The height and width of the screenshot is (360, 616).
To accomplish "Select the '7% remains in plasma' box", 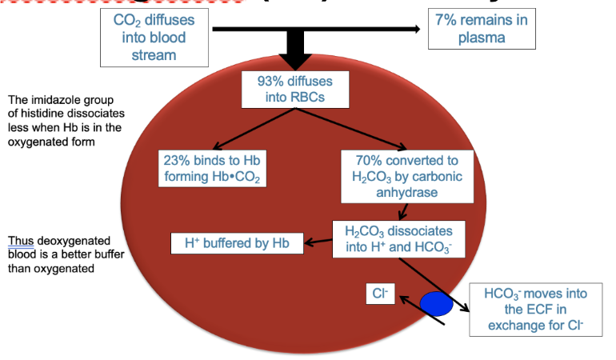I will coord(481,29).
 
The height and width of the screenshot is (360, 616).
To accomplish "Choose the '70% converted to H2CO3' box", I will coord(402,174).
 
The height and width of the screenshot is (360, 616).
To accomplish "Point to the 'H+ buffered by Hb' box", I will coord(238,242).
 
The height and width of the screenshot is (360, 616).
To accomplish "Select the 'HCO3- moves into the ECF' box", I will coord(535,309).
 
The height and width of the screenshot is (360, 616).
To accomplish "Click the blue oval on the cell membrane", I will coord(436,303).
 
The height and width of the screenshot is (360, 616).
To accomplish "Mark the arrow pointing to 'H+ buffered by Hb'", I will coord(318,241).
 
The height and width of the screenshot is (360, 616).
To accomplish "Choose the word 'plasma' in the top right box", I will coord(481,38).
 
